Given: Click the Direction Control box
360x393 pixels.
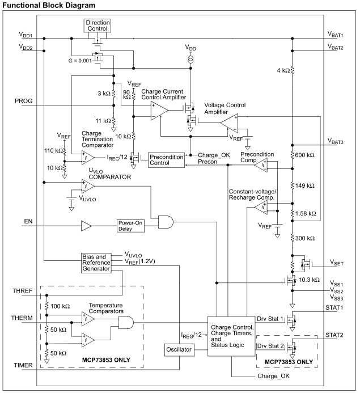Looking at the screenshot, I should click(98, 26).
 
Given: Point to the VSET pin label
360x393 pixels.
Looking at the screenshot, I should click(336, 263).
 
